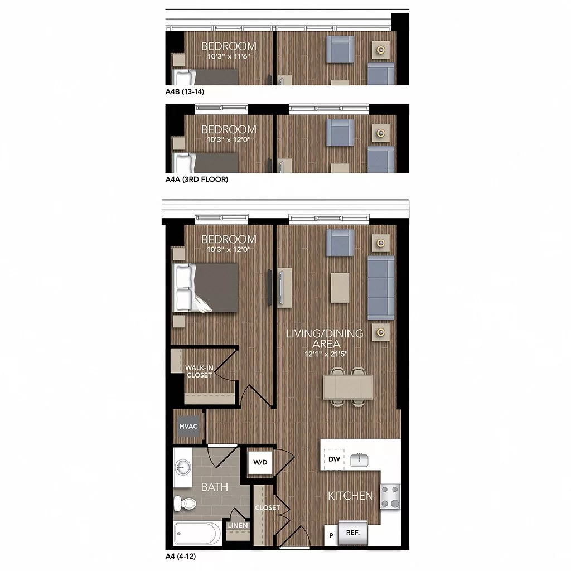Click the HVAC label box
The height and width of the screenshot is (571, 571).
(188, 426)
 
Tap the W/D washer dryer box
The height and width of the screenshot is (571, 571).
(260, 462)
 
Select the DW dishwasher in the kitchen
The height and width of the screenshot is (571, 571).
(334, 459)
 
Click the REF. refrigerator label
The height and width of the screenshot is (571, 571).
(353, 533)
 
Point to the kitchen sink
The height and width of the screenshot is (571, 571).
(359, 460)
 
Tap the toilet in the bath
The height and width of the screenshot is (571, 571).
(185, 504)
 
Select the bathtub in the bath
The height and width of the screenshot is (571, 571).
(197, 534)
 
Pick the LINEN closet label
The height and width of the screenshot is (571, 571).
(238, 525)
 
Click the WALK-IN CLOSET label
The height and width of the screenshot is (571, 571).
(199, 371)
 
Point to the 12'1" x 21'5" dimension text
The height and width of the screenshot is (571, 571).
(326, 354)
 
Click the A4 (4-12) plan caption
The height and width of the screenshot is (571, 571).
(181, 556)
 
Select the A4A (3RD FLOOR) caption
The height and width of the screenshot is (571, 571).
(197, 179)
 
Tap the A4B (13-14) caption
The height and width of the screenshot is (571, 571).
(185, 92)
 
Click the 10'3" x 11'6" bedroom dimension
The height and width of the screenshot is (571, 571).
(229, 56)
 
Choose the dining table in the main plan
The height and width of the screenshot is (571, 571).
(348, 387)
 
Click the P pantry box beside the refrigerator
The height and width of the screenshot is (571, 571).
(331, 535)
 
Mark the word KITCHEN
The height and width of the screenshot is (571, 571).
(350, 496)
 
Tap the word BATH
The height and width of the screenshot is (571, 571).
(215, 487)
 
